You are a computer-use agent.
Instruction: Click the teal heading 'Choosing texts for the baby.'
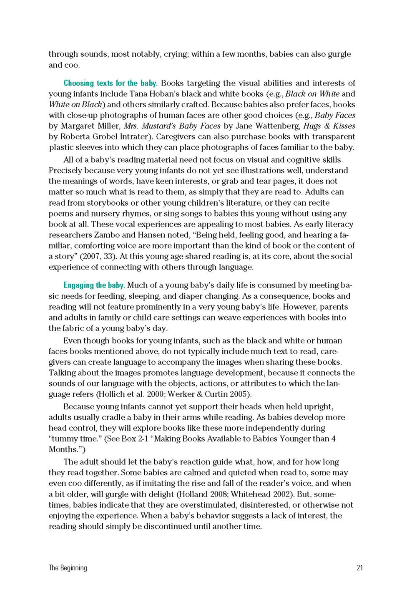[x=110, y=83]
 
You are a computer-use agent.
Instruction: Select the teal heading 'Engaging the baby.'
[x=94, y=285]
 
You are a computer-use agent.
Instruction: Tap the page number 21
[x=359, y=567]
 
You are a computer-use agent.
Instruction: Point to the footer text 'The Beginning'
[x=68, y=567]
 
